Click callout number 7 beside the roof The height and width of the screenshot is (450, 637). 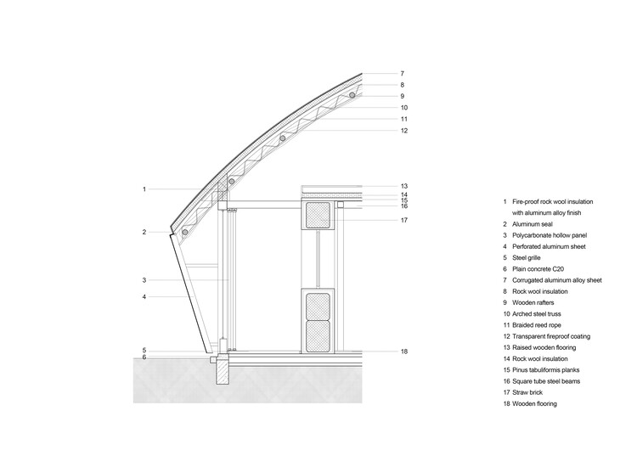click(x=403, y=74)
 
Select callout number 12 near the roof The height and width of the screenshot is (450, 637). click(x=403, y=131)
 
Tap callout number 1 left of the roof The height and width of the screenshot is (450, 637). click(x=144, y=188)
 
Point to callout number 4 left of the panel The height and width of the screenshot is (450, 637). click(x=144, y=297)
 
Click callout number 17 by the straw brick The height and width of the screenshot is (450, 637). click(x=403, y=220)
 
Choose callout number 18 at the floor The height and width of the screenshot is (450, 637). click(x=403, y=352)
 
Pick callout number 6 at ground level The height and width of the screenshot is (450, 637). click(x=144, y=357)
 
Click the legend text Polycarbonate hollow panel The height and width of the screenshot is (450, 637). click(x=550, y=235)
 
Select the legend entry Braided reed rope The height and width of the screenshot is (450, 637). click(x=536, y=325)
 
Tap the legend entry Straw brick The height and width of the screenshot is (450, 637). click(x=527, y=392)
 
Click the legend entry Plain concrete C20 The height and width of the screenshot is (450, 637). click(x=538, y=269)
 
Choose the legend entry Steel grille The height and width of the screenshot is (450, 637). click(x=526, y=257)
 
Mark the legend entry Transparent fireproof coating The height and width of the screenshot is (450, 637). click(x=551, y=336)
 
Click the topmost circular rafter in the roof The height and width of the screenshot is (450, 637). click(x=352, y=95)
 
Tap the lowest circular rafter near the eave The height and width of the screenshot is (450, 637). click(x=185, y=232)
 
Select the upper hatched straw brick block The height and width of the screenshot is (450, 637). click(x=318, y=215)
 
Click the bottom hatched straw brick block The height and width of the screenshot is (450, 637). click(x=318, y=336)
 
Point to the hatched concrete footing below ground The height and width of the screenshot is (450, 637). click(x=223, y=370)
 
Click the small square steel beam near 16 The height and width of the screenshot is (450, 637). click(x=341, y=205)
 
